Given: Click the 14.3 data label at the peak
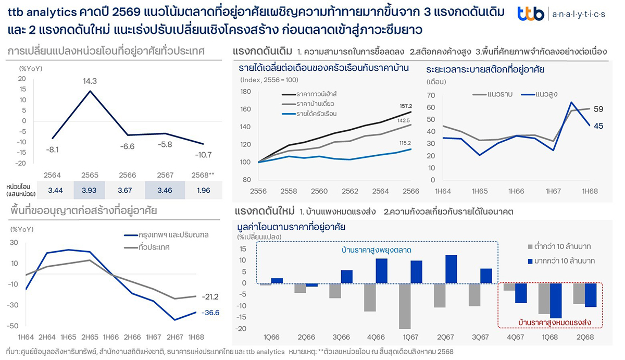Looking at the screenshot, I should [90, 81].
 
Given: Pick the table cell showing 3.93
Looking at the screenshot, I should [89, 190].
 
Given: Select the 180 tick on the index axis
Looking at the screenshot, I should [246, 92].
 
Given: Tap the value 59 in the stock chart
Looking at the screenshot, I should [598, 109].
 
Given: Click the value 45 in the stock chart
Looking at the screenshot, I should [598, 126].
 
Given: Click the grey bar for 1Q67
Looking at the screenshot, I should [405, 306].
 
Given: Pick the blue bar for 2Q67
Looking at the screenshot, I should [452, 269].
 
